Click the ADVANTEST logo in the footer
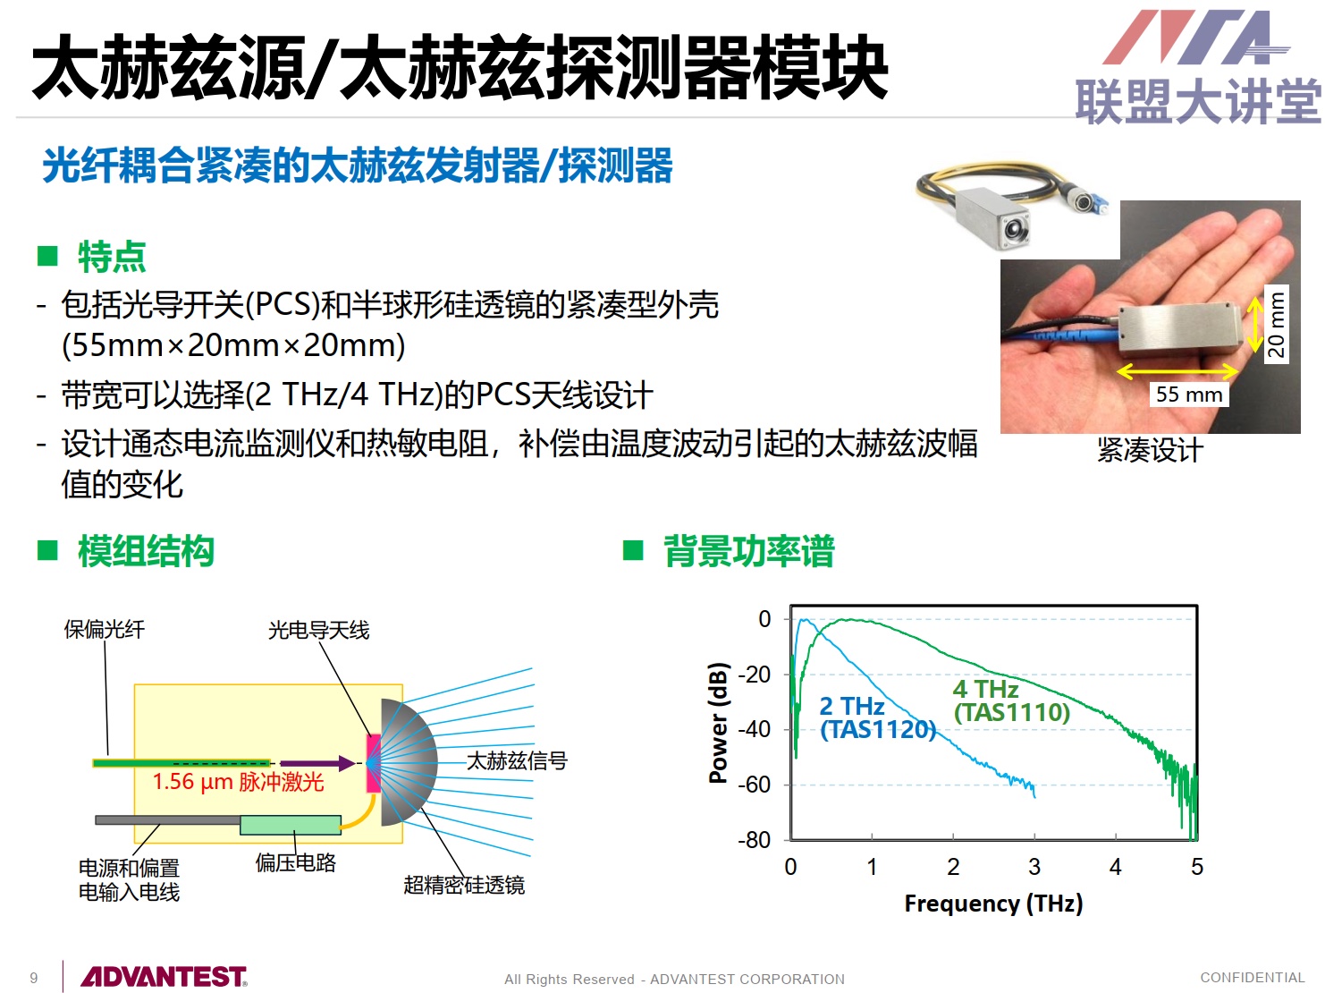tap(164, 976)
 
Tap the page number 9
tap(34, 978)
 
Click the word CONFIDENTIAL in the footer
tap(1253, 977)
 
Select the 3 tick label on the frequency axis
tap(1034, 867)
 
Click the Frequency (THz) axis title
tap(993, 904)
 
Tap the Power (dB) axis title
tap(718, 723)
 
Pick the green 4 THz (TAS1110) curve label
tap(1012, 700)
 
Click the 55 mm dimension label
tap(1188, 395)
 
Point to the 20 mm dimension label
tap(1276, 324)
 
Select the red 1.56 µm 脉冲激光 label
tap(238, 782)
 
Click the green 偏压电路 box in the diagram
tap(291, 825)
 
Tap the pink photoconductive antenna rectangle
tap(374, 763)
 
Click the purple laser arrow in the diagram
tap(317, 763)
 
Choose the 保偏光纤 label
tap(105, 630)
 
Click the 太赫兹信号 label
tap(518, 760)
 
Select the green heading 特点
tap(112, 257)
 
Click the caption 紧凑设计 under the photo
tap(1150, 450)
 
